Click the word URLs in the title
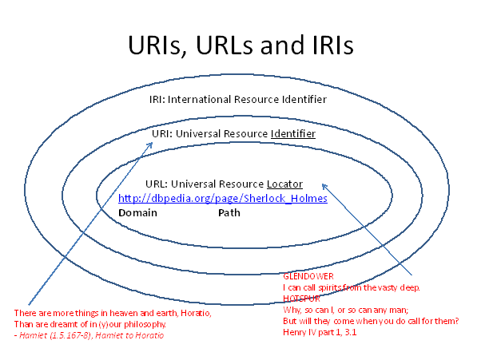point(225,45)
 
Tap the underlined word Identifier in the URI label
point(293,133)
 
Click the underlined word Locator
point(284,184)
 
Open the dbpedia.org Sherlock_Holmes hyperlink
point(223,198)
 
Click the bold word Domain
point(137,212)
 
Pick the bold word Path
point(229,212)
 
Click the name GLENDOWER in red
point(308,276)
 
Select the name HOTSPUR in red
point(301,299)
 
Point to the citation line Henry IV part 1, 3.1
point(320,332)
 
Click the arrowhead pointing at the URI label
point(150,144)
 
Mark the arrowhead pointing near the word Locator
point(324,185)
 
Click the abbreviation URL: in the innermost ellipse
point(157,184)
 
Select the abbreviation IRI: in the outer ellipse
point(157,99)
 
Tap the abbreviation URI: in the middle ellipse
point(162,133)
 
